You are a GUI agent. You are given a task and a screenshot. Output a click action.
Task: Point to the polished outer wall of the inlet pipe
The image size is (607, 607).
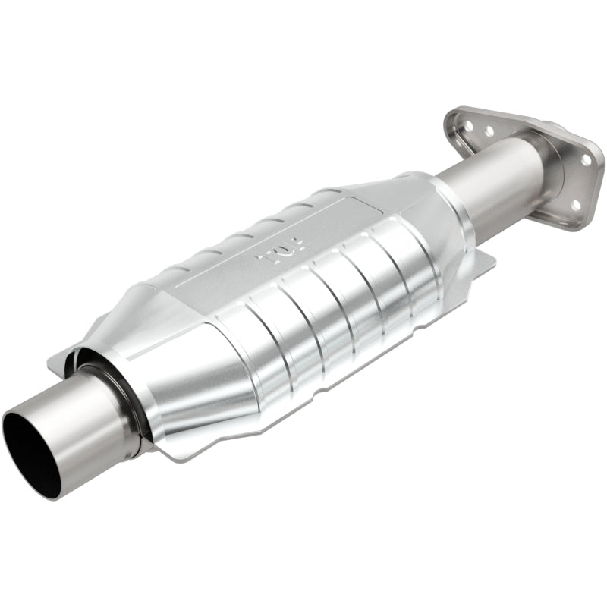83,440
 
